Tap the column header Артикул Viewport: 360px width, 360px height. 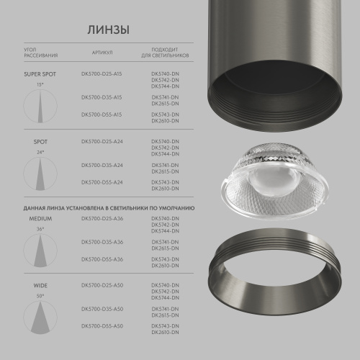coord(102,53)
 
